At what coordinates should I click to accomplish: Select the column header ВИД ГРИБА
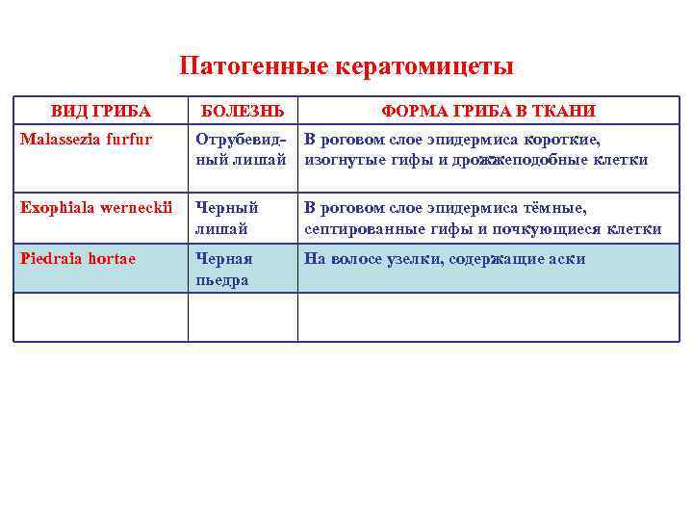101,111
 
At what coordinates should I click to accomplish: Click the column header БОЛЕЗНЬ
241,111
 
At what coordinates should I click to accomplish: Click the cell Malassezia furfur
87,141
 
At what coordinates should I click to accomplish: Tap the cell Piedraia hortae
78,258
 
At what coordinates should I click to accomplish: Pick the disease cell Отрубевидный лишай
241,149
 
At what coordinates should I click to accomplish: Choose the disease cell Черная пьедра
223,269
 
